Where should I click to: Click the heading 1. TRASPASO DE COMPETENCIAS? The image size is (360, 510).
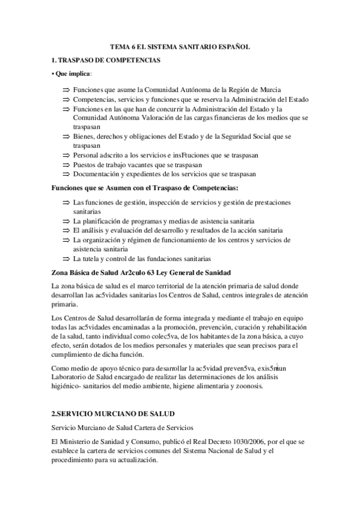106,60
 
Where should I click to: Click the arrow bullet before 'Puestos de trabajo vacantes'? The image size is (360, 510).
66,165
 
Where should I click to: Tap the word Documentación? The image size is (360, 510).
97,174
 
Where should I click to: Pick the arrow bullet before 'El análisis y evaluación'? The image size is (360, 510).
66,230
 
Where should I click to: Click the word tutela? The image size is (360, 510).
92,259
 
